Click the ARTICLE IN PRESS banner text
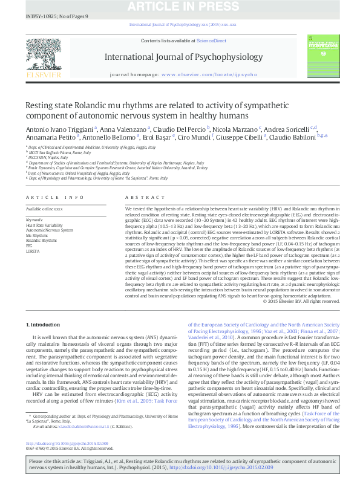(180, 7)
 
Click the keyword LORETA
(33, 251)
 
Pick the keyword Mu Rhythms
(37, 235)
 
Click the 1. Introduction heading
(45, 325)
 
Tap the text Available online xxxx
(44, 209)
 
